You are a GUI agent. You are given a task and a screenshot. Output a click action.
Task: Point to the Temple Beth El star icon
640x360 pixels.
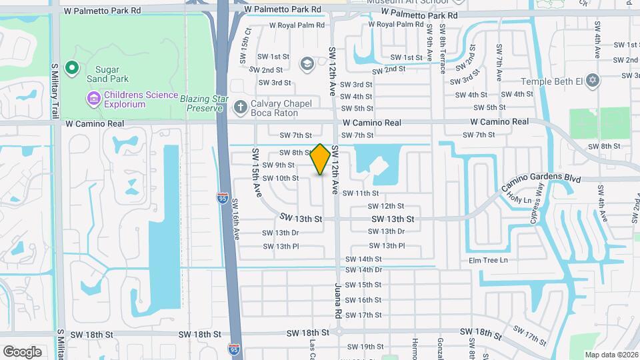(592, 81)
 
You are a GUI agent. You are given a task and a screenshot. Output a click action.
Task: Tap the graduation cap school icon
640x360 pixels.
(307, 63)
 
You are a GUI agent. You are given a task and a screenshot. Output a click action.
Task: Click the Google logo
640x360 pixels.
(22, 351)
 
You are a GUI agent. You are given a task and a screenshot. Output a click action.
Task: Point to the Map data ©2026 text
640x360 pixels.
(611, 355)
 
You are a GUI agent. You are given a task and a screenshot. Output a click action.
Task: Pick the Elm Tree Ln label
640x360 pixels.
(488, 260)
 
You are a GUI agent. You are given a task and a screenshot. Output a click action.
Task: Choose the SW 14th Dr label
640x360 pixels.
(363, 270)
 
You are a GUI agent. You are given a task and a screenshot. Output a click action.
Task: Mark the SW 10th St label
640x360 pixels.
(281, 178)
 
